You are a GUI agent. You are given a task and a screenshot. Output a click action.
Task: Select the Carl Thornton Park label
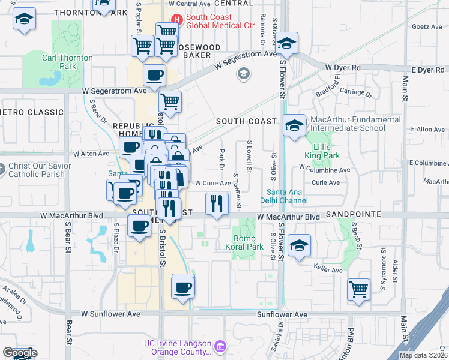(67, 62)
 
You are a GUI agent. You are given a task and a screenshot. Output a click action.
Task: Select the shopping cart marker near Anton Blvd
(359, 289)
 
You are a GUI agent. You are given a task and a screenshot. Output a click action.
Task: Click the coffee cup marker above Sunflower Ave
(183, 287)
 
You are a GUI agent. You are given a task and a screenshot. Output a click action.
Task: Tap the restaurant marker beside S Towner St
(217, 203)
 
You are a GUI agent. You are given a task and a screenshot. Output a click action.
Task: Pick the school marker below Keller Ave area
(299, 245)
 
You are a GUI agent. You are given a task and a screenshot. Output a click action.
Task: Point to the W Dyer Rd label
(343, 68)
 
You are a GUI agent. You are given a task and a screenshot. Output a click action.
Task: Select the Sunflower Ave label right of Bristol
(282, 314)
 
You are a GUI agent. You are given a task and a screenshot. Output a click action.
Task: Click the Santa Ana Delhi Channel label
(285, 196)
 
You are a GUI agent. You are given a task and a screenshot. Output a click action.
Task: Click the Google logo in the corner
(20, 353)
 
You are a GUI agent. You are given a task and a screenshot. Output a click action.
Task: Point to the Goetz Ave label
(427, 27)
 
